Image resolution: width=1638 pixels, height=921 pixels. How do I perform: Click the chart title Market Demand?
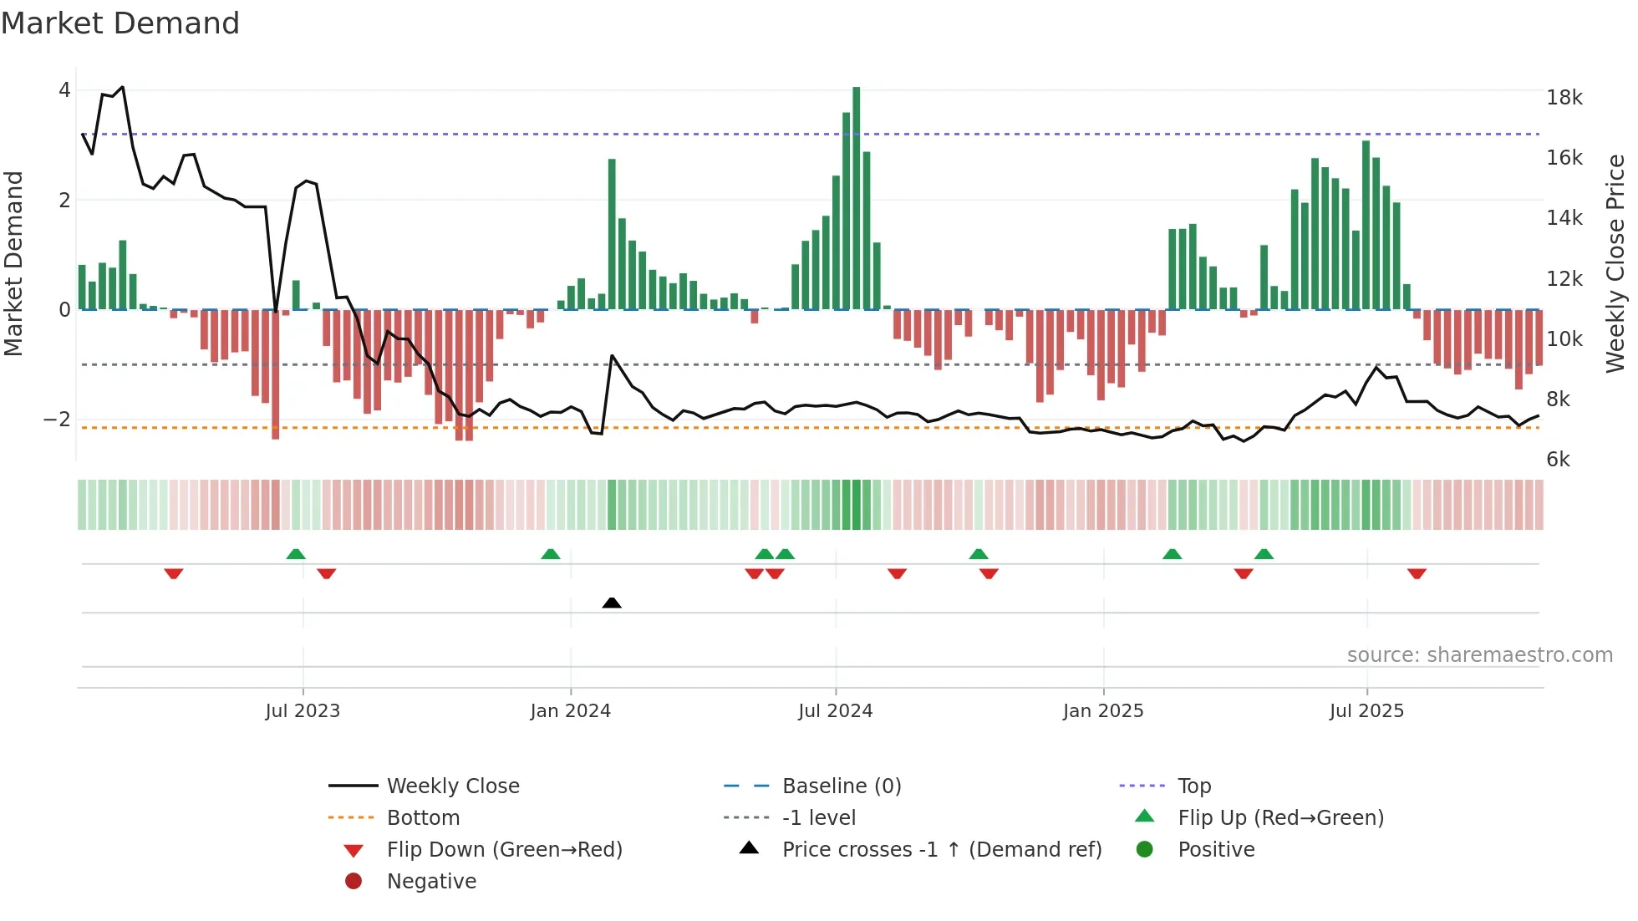click(120, 23)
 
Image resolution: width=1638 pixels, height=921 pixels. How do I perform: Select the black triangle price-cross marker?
click(612, 603)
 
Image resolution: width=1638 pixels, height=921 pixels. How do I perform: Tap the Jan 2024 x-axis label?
click(570, 711)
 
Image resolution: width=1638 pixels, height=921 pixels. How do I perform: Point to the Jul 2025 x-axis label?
click(1366, 711)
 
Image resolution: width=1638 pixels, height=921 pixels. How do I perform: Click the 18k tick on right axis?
click(1564, 98)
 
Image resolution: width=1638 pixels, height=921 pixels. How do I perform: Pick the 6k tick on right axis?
click(1558, 460)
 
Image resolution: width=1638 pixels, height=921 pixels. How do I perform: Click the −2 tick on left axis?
click(57, 420)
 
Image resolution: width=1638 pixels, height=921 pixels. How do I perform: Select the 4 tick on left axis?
click(64, 90)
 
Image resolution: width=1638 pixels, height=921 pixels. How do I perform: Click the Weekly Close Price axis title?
click(1615, 263)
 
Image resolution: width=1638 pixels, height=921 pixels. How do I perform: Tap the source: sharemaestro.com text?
click(1479, 655)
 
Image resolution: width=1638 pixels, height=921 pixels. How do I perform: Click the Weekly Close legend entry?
click(452, 786)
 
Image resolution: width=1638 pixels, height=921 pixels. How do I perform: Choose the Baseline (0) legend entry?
click(841, 786)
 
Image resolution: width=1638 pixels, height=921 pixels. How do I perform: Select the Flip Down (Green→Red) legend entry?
click(504, 850)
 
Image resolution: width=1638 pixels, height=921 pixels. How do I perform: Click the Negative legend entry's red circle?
click(354, 882)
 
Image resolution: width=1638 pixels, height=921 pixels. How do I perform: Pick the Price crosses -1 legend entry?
click(941, 850)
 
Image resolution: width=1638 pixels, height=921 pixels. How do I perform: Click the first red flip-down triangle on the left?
click(174, 573)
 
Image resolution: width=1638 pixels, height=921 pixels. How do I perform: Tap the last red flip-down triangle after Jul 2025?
click(1417, 573)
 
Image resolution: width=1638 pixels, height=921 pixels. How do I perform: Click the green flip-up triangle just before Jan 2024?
click(550, 554)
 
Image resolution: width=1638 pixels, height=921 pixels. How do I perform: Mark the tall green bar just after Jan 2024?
click(612, 234)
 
